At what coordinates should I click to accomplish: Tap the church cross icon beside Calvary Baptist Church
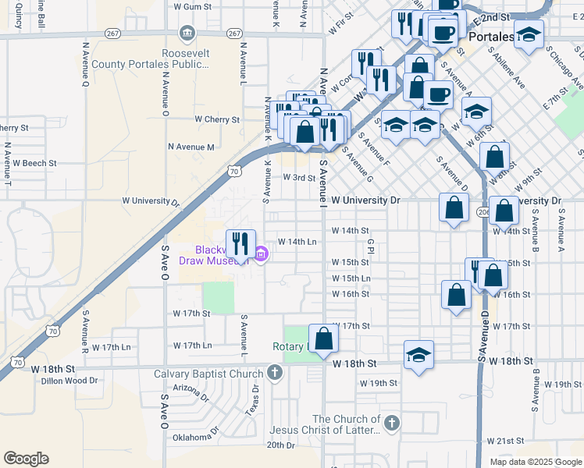[x=274, y=373]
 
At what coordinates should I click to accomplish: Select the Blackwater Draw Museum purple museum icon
[x=261, y=253]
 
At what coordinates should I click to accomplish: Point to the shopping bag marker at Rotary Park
[x=324, y=339]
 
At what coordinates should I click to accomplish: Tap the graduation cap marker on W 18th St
[x=419, y=355]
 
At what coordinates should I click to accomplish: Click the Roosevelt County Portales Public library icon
[x=187, y=33]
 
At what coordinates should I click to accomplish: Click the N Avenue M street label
[x=191, y=147]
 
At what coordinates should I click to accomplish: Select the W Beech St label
[x=35, y=163]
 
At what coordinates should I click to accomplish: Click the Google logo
[x=26, y=459]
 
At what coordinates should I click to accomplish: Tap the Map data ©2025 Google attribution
[x=535, y=462]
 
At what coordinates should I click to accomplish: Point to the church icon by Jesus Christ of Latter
[x=391, y=423]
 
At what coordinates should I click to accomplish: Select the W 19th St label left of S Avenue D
[x=379, y=384]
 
